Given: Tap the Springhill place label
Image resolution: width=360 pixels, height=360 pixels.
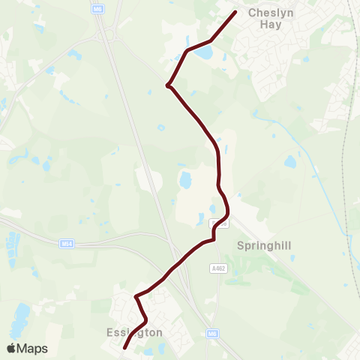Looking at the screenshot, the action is [262, 245].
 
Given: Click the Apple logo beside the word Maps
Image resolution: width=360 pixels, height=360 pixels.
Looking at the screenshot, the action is [11, 348].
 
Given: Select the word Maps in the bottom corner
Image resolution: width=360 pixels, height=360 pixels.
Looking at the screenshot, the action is [32, 348].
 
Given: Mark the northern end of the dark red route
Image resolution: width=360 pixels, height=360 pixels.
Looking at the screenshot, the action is [235, 13].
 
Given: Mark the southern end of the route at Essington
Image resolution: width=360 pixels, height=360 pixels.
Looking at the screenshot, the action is [124, 347].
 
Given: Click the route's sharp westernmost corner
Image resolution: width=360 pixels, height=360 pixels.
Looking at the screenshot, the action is [167, 86].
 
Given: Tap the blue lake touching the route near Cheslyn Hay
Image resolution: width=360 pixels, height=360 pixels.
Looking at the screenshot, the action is [204, 53].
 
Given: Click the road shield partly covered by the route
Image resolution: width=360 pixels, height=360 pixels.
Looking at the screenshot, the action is [217, 223].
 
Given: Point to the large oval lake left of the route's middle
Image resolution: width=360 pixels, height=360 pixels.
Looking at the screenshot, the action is [185, 180].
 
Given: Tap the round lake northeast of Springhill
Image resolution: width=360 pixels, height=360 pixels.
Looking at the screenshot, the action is [291, 161].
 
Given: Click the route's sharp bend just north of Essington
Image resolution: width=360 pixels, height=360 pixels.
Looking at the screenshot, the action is [136, 297].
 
